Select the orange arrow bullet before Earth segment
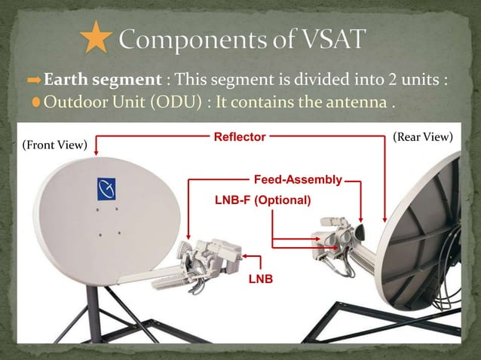pos(35,80)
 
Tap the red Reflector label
pos(239,137)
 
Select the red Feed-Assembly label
pos(298,180)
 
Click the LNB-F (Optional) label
pos(263,200)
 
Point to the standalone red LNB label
pos(260,279)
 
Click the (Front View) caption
pos(54,144)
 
